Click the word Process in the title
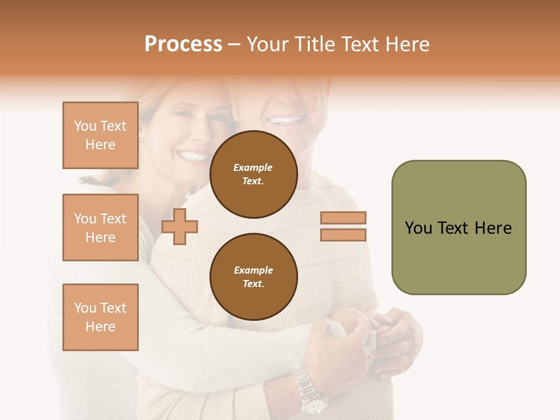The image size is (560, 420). [183, 44]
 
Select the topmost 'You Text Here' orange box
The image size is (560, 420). [100, 135]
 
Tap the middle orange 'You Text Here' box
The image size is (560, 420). [100, 228]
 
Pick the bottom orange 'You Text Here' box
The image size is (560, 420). [100, 317]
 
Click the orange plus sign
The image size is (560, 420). [180, 226]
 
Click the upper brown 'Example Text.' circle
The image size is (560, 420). [253, 174]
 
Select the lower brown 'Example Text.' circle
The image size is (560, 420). [253, 276]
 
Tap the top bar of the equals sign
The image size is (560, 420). [343, 218]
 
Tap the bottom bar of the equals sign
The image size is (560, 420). [343, 235]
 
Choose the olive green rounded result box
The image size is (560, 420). [459, 227]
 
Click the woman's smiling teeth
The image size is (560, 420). [194, 156]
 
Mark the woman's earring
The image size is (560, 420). [141, 140]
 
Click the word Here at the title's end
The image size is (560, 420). [407, 44]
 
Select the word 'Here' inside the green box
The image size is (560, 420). [493, 228]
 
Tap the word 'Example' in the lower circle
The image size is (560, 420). [253, 270]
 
